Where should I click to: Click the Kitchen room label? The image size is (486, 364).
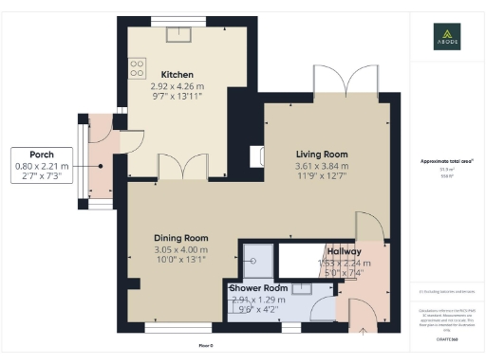[x=178, y=74]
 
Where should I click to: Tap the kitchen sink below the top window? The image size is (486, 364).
[x=178, y=34]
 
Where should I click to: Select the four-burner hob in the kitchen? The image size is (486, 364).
[x=137, y=67]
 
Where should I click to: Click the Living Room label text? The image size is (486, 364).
[x=322, y=154]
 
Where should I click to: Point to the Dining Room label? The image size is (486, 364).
[x=181, y=238]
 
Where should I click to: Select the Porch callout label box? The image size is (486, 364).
[x=41, y=164]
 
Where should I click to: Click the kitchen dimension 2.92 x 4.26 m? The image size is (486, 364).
[x=178, y=86]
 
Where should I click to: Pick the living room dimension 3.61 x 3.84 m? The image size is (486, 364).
[x=322, y=165]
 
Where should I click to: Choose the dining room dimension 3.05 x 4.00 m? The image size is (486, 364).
[x=181, y=249]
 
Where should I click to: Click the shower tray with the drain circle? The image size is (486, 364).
[x=255, y=253]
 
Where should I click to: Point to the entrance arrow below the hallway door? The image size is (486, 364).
[x=364, y=331]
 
